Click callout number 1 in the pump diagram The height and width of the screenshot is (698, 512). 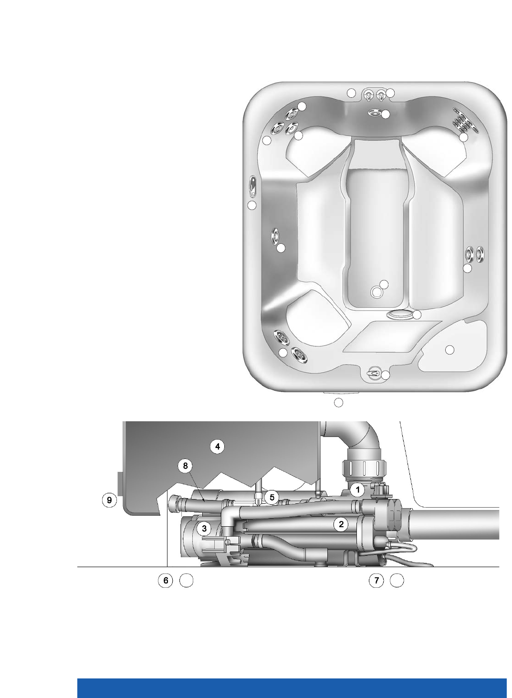click(357, 490)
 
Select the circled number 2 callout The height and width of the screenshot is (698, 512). click(341, 524)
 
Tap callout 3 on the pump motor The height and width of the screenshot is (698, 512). click(204, 529)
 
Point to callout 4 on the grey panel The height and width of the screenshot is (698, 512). click(218, 447)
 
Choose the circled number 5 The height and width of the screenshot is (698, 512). click(272, 497)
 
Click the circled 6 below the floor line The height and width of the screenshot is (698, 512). click(166, 581)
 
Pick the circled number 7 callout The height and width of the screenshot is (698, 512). click(376, 581)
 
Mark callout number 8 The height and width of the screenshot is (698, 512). click(186, 466)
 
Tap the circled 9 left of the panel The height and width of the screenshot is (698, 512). click(109, 500)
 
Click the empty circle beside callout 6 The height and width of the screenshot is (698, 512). click(187, 581)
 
